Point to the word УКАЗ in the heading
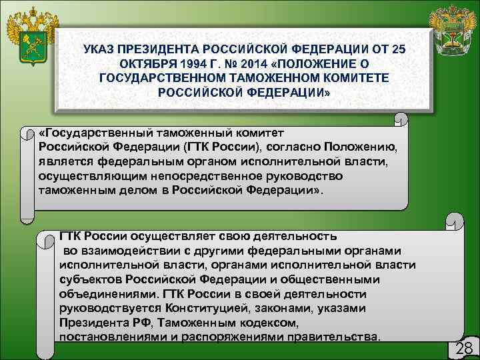99,50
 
